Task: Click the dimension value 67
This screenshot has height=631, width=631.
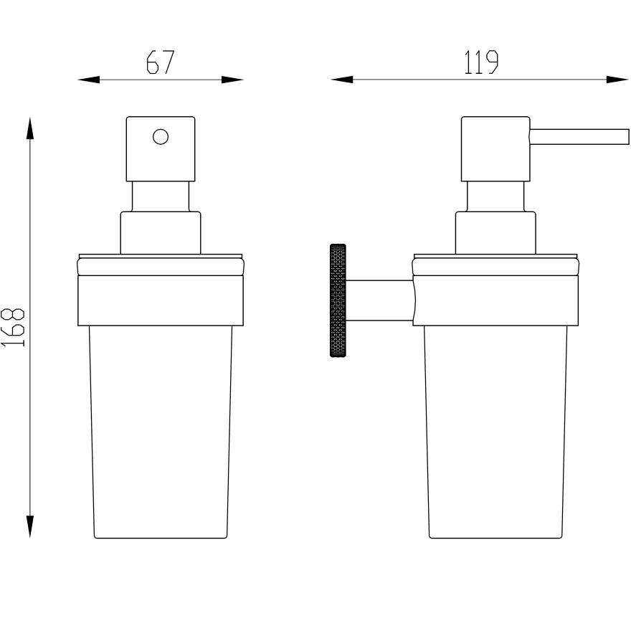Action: click(160, 63)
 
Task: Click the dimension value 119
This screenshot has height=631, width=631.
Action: click(481, 63)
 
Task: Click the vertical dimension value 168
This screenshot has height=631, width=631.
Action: click(14, 328)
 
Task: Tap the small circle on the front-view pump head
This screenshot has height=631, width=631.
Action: click(161, 136)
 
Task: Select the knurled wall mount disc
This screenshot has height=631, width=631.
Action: click(337, 301)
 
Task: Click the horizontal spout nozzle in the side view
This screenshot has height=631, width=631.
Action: click(578, 136)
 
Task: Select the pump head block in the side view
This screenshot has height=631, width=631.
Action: click(495, 148)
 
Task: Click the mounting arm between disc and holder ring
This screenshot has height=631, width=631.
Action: click(379, 300)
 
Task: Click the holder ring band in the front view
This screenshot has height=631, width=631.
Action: click(161, 301)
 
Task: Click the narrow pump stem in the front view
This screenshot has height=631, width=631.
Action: click(161, 196)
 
